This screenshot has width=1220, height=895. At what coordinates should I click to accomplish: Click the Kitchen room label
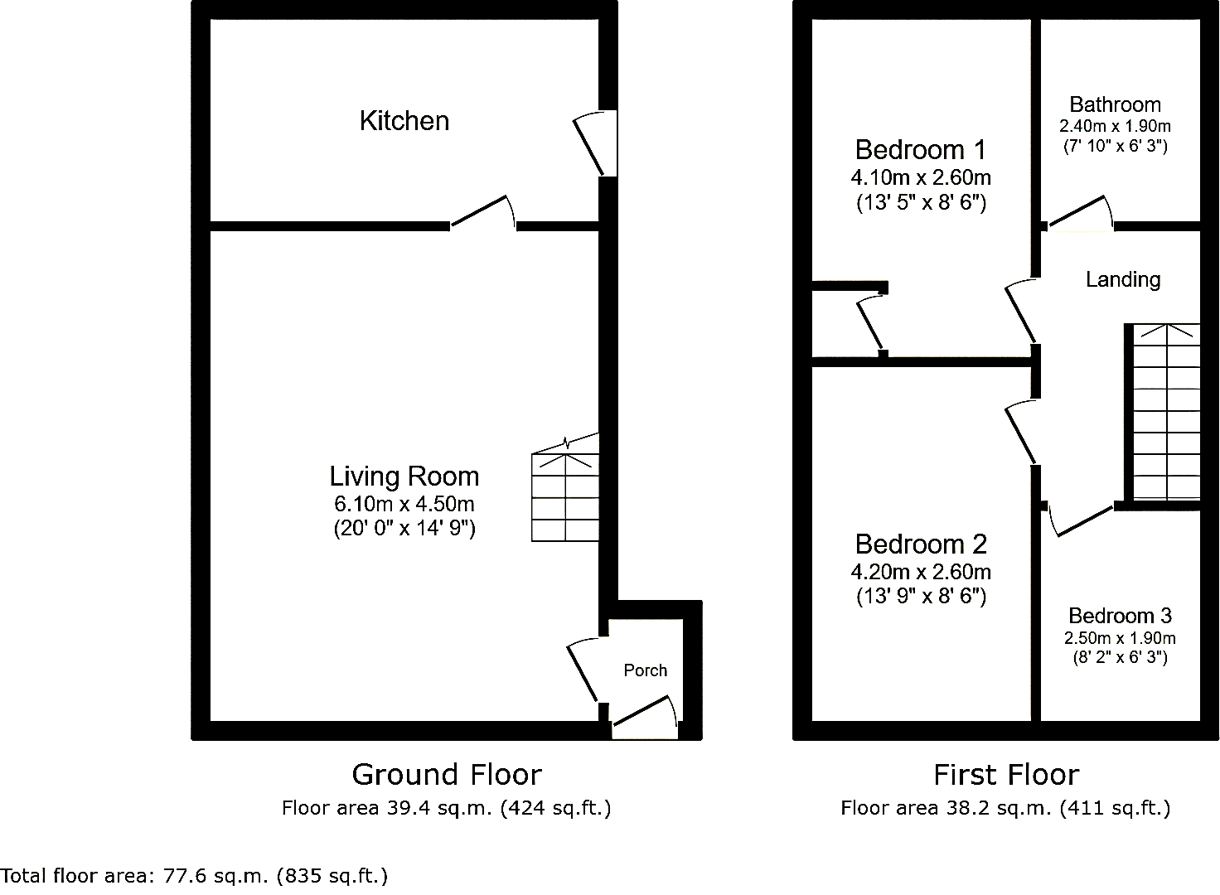pyautogui.click(x=404, y=121)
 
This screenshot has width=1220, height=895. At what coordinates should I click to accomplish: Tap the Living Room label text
pyautogui.click(x=404, y=477)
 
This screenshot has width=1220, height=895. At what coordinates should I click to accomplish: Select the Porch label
pyautogui.click(x=646, y=670)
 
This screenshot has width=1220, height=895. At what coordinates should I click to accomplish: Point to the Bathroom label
pyautogui.click(x=1115, y=104)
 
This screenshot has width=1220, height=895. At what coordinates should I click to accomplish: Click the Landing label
pyautogui.click(x=1123, y=279)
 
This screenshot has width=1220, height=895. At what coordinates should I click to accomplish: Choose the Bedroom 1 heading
pyautogui.click(x=921, y=150)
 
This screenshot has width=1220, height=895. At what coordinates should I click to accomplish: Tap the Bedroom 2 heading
pyautogui.click(x=921, y=544)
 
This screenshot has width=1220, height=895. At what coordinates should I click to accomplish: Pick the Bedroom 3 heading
pyautogui.click(x=1120, y=616)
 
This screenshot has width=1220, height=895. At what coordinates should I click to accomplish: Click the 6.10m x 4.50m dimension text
pyautogui.click(x=404, y=504)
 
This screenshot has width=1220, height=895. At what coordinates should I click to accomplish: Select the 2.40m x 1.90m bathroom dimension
pyautogui.click(x=1115, y=127)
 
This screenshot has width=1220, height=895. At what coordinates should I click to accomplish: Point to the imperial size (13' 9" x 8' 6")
pyautogui.click(x=921, y=597)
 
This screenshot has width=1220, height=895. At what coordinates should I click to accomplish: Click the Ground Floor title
pyautogui.click(x=447, y=775)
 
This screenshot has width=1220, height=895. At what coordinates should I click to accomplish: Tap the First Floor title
pyautogui.click(x=1006, y=775)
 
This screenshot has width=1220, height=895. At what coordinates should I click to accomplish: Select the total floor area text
pyautogui.click(x=195, y=876)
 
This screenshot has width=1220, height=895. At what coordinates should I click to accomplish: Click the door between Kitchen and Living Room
pyautogui.click(x=483, y=212)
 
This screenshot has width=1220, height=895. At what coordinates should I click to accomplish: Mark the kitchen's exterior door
pyautogui.click(x=594, y=143)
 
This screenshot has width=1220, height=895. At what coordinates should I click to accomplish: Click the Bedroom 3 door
pyautogui.click(x=1081, y=520)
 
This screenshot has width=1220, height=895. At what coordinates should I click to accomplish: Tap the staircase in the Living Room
pyautogui.click(x=565, y=487)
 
